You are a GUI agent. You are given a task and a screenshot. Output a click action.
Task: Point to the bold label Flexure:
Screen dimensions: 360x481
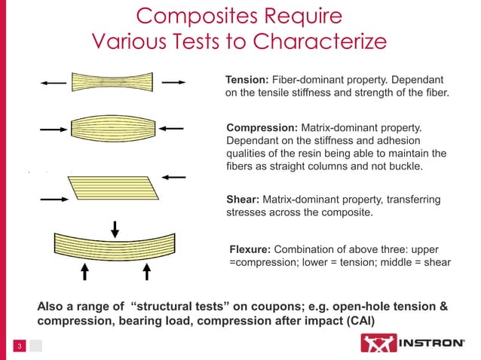[x=250, y=249]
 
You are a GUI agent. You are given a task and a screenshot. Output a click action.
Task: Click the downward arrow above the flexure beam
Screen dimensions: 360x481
[x=115, y=225]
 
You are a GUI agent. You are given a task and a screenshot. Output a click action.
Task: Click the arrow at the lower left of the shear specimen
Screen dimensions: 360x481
[x=54, y=200]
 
